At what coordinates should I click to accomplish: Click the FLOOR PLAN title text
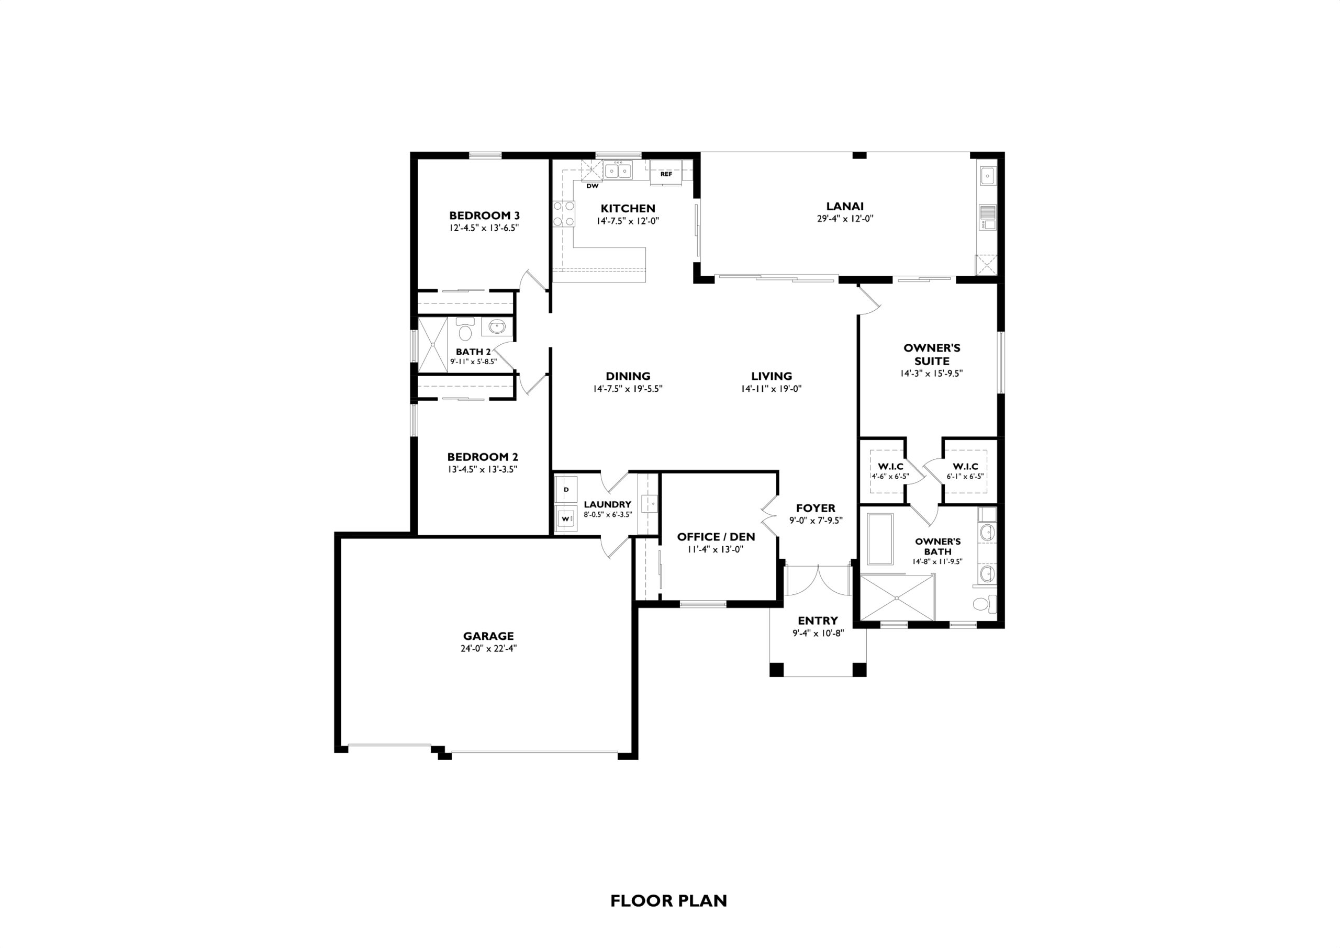coord(669,901)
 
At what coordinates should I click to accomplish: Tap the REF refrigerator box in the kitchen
coord(666,173)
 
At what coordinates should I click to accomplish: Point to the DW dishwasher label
coord(592,186)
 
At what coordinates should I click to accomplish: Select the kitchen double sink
coord(618,171)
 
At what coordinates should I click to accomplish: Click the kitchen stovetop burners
coord(563,213)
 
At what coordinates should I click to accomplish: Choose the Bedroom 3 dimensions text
coord(485,228)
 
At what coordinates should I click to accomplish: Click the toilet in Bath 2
coord(465,330)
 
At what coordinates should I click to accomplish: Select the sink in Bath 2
coord(497,327)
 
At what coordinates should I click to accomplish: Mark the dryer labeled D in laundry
coord(566,489)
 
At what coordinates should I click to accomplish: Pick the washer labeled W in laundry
coord(566,518)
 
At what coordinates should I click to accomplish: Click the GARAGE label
coord(489,636)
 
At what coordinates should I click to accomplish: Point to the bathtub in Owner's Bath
coord(880,539)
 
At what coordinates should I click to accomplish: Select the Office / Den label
coord(716,536)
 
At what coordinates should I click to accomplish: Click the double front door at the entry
coord(819,580)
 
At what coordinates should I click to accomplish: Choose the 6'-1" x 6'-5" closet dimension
coord(965,476)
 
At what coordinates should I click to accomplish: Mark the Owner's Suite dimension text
coord(931,374)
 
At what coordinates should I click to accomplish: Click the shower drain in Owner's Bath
coord(897,598)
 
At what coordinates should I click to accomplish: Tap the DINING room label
coord(628,376)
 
